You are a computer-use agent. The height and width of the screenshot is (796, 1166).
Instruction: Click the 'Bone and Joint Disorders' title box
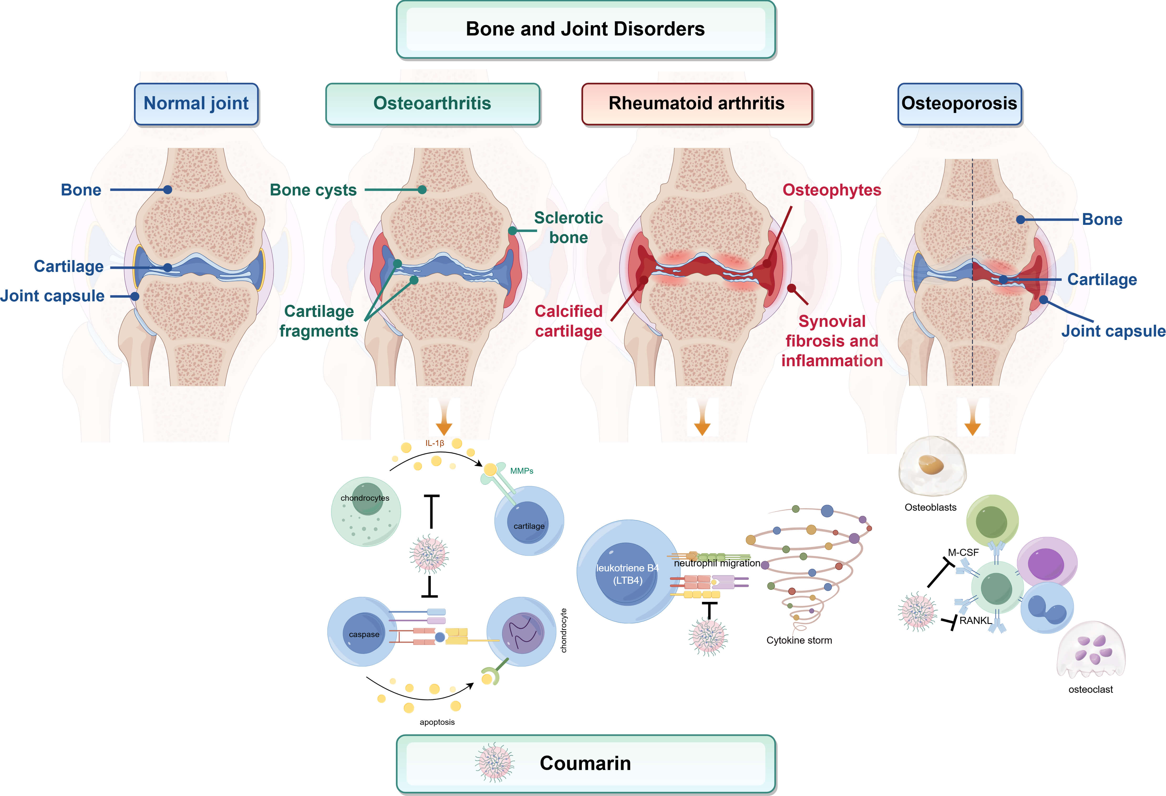[x=586, y=29]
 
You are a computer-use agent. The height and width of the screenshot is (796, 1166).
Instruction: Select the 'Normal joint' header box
[x=196, y=103]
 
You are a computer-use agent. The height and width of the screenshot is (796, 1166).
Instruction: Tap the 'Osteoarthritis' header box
[x=432, y=103]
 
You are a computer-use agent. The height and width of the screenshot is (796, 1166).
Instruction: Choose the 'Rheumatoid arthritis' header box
[x=696, y=103]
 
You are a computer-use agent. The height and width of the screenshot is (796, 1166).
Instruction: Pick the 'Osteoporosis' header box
[x=959, y=103]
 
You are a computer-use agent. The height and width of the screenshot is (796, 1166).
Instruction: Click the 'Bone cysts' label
[x=313, y=190]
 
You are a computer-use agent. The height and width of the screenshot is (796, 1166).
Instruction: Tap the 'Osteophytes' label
[x=832, y=190]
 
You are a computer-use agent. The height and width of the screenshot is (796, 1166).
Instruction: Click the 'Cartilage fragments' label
[x=319, y=321]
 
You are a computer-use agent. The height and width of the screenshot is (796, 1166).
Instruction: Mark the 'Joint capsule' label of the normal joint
[x=52, y=296]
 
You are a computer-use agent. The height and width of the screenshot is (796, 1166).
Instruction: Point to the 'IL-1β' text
[x=435, y=443]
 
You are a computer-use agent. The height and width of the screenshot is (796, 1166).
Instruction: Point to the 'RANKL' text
[x=975, y=621]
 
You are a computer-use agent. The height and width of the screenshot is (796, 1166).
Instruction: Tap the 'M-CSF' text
[x=963, y=553]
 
